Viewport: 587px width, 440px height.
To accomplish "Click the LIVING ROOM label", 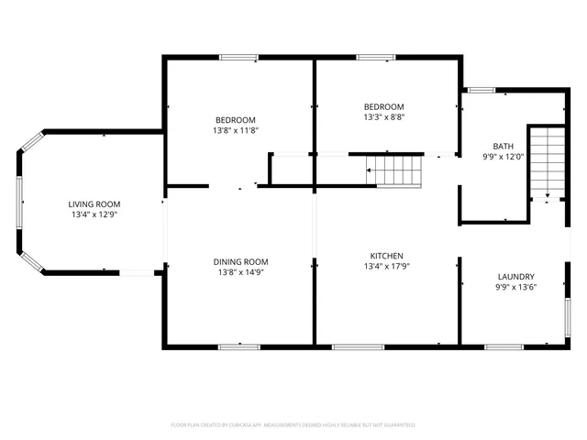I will click(x=94, y=203).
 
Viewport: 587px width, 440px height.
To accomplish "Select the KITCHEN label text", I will click(x=386, y=256).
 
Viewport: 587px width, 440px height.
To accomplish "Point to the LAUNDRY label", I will click(x=515, y=277).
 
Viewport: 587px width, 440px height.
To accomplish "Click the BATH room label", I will click(x=504, y=146).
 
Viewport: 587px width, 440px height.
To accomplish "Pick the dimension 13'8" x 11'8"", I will click(x=236, y=131).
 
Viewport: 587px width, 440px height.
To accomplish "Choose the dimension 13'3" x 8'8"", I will click(x=383, y=116).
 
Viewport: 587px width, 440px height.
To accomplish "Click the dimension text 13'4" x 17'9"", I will click(x=386, y=267).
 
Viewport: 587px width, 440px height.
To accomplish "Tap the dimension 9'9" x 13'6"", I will click(x=515, y=288).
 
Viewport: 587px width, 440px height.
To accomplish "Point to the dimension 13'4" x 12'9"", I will click(x=94, y=214).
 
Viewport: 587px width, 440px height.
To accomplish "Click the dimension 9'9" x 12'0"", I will click(x=504, y=157).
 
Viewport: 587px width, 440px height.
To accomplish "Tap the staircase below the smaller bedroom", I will click(x=393, y=170).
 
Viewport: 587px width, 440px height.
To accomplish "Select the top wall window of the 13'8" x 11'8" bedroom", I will click(x=238, y=58).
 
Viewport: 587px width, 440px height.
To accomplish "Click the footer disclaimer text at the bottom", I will click(x=293, y=425).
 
